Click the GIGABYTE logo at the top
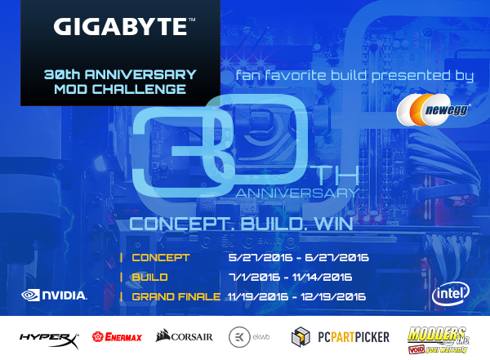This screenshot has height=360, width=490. pyautogui.click(x=124, y=26)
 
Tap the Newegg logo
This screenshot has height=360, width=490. pyautogui.click(x=434, y=110)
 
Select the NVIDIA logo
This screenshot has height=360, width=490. pyautogui.click(x=54, y=295)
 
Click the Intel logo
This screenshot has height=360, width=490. pyautogui.click(x=451, y=294)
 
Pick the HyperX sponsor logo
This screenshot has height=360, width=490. pyautogui.click(x=49, y=340)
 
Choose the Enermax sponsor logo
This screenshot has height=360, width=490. pyautogui.click(x=117, y=337)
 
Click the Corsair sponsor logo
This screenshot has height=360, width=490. pyautogui.click(x=184, y=336)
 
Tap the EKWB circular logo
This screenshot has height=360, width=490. pyautogui.click(x=239, y=337)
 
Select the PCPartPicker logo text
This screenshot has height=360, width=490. pyautogui.click(x=354, y=337)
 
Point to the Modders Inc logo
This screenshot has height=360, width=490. pyautogui.click(x=439, y=340)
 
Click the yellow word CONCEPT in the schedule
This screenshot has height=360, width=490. pyautogui.click(x=161, y=258)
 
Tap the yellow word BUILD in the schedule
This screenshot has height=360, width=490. pyautogui.click(x=149, y=278)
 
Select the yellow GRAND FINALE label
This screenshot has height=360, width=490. pyautogui.click(x=176, y=296)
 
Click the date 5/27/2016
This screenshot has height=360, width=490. pyautogui.click(x=261, y=258)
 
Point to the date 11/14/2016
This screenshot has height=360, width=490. pyautogui.click(x=322, y=278)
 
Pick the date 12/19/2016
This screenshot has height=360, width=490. pyautogui.click(x=333, y=296)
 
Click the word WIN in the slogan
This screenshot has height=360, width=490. pyautogui.click(x=334, y=224)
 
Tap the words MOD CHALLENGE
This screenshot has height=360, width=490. pyautogui.click(x=120, y=89)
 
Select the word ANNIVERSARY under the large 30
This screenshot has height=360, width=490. pyautogui.click(x=297, y=193)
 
